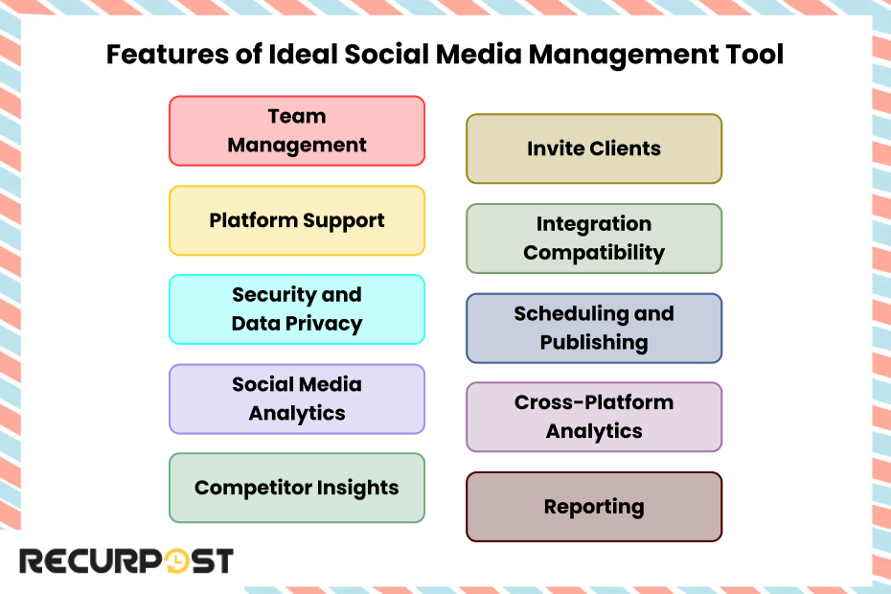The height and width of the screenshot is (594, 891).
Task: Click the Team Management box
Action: tap(297, 130)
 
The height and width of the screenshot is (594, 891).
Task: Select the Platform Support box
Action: tap(297, 220)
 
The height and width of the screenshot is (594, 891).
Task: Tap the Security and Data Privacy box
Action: tap(297, 309)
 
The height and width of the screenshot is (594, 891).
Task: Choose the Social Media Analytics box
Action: tap(297, 399)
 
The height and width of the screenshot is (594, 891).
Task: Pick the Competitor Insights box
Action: tap(297, 488)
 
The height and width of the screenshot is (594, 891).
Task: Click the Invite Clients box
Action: tap(594, 148)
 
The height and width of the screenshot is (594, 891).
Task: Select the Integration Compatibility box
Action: tap(594, 239)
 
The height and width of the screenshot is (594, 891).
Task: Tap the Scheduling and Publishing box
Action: tap(594, 328)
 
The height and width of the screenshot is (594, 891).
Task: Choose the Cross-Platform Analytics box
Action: tap(594, 417)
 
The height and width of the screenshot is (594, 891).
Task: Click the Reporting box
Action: tap(594, 507)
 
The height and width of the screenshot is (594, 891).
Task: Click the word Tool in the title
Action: tap(755, 55)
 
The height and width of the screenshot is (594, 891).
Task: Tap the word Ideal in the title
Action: tap(303, 55)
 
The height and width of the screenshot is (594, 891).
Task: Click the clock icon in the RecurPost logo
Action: tap(176, 561)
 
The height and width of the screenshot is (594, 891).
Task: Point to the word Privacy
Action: tap(324, 324)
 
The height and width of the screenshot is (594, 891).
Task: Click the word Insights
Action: tap(357, 489)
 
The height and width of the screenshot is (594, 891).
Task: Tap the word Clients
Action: tap(625, 148)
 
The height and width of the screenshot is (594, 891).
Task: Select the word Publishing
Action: tap(594, 343)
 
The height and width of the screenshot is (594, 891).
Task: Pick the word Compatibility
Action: tap(594, 253)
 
